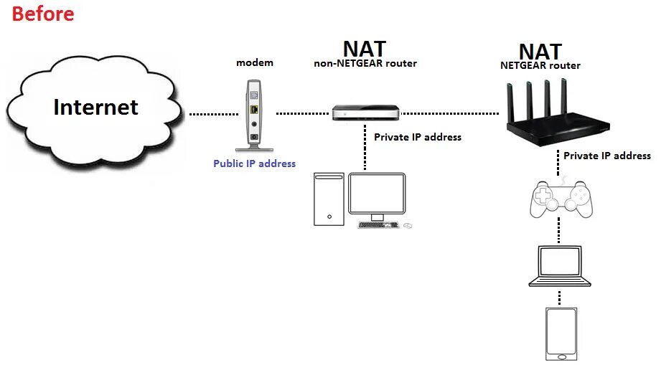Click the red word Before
coord(42,13)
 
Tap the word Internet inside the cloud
coord(95,108)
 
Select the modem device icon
coord(254,115)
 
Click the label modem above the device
coord(255,63)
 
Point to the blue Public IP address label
coord(254,163)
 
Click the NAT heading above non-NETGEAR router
coord(364,49)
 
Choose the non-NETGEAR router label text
coord(365,64)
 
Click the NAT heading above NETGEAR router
coord(540,52)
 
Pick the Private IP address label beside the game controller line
coord(606,156)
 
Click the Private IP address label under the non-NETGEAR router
coord(418,137)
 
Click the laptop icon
coord(560,266)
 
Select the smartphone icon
coord(561,333)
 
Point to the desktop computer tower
coord(329,199)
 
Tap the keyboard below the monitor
coord(378,224)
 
